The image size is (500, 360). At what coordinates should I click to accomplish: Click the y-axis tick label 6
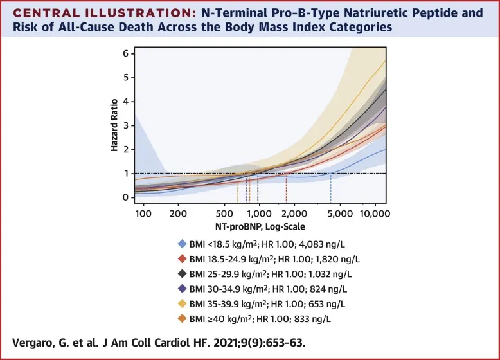click(x=126, y=53)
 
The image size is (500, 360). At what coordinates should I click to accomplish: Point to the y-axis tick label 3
click(x=126, y=125)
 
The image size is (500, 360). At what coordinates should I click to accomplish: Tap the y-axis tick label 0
click(x=126, y=197)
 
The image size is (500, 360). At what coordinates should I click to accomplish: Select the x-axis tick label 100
click(x=142, y=213)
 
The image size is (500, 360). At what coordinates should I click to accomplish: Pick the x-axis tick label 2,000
click(x=294, y=213)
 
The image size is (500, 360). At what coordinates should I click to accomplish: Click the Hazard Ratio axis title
click(x=114, y=125)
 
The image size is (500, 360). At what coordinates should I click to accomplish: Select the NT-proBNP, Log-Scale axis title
click(x=260, y=227)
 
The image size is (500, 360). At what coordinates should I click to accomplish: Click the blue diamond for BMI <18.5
click(x=182, y=244)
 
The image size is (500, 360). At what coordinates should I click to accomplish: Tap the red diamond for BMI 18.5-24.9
click(x=182, y=259)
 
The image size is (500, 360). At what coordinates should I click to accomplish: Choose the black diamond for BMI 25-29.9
click(x=182, y=274)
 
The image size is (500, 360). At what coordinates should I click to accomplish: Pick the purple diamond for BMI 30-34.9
click(x=182, y=290)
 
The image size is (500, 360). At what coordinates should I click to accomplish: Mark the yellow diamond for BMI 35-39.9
click(x=182, y=305)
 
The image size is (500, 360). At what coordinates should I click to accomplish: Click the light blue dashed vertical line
click(x=331, y=186)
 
